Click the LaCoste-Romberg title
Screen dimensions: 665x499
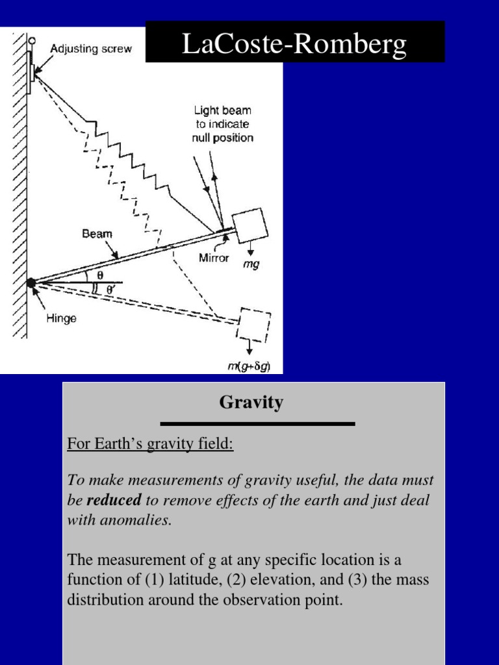[294, 44]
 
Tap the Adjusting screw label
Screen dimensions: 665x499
[91, 49]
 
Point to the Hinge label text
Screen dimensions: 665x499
[62, 318]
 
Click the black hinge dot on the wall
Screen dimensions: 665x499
[31, 282]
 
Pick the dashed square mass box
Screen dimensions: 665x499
[254, 325]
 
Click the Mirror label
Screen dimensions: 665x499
[214, 258]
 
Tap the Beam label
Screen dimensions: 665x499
[97, 234]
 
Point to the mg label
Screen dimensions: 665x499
[251, 265]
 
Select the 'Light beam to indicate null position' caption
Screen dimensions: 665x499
[222, 124]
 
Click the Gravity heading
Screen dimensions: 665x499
[251, 403]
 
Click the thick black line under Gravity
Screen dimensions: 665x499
[257, 424]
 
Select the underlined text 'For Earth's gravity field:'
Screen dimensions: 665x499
[150, 445]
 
